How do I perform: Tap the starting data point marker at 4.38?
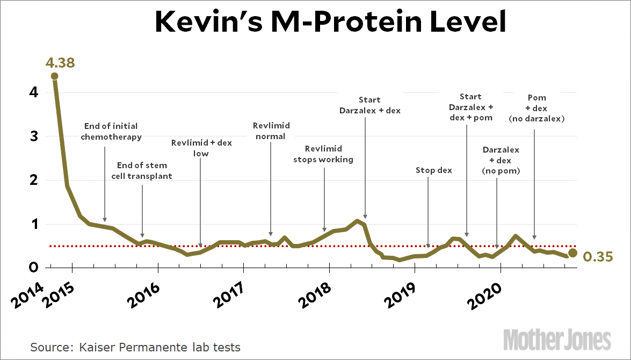(54, 76)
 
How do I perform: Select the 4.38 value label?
(60, 63)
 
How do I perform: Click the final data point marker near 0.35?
(573, 253)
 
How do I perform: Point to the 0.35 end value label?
(598, 257)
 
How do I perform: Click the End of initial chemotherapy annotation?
(111, 131)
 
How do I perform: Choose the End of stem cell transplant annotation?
(142, 170)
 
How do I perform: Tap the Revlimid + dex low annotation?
(201, 148)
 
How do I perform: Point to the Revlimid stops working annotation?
(323, 154)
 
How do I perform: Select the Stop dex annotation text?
(434, 170)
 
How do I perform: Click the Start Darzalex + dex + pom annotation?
(470, 107)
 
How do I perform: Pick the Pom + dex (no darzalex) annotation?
(536, 108)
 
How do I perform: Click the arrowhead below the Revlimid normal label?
(271, 234)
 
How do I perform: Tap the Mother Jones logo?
(557, 340)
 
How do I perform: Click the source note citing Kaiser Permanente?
(135, 347)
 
